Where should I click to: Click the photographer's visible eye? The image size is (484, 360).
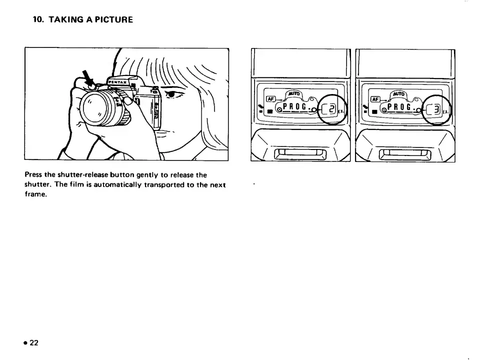click(x=170, y=93)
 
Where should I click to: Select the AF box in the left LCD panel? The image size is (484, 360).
click(x=270, y=98)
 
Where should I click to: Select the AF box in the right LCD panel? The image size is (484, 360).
click(x=374, y=98)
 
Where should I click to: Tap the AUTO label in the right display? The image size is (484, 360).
click(x=399, y=94)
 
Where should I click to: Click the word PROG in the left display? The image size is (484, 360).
click(x=297, y=106)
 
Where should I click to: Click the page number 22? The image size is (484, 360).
click(x=33, y=342)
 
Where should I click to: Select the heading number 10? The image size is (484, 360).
click(x=38, y=20)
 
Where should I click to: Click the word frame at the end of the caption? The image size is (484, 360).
click(x=35, y=195)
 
